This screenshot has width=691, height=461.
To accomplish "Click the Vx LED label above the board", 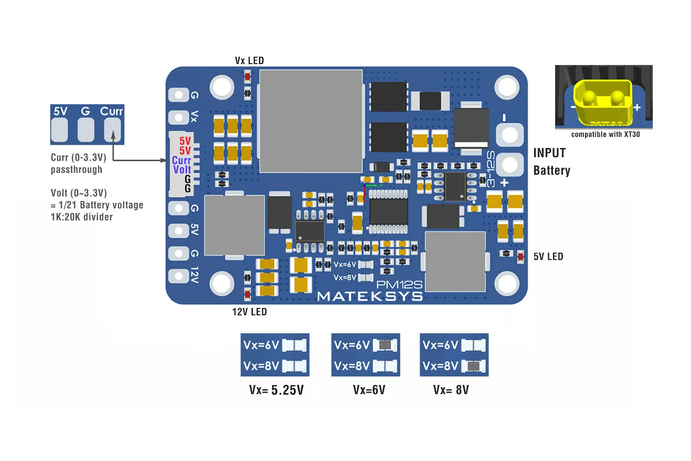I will [249, 60].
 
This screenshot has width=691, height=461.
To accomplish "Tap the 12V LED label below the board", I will [249, 312].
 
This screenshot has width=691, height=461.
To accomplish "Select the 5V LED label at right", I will [548, 257].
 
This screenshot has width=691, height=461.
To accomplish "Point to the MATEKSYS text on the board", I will [370, 296].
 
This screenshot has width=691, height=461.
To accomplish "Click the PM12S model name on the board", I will [399, 285].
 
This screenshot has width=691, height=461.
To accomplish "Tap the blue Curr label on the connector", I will [182, 160].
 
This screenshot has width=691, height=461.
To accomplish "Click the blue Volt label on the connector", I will [182, 170].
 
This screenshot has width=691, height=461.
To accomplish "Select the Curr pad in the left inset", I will [112, 130].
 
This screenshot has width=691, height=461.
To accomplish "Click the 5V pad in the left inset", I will [59, 130].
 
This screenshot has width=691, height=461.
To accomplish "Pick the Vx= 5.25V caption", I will [276, 390].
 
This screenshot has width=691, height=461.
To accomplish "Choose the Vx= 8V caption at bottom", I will [451, 390].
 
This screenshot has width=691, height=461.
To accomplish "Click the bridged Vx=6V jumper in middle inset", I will [385, 345].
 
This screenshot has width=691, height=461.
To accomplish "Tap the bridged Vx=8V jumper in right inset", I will [474, 366].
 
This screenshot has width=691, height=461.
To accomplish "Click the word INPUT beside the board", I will [549, 153].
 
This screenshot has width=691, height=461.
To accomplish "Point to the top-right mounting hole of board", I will [507, 86].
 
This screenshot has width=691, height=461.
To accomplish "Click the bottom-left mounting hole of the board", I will [222, 284].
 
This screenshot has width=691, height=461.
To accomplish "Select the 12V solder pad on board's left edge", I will [178, 276].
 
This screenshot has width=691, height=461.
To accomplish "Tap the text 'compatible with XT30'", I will [605, 135].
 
